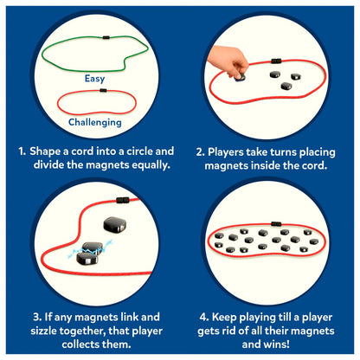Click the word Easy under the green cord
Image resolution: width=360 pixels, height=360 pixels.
[x=94, y=79]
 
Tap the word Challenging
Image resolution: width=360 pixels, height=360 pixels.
[x=95, y=122]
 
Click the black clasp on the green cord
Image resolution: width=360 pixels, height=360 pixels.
[x=106, y=37]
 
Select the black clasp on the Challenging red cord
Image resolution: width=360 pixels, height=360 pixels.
[x=103, y=90]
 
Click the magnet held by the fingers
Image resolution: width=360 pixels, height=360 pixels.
[x=240, y=77]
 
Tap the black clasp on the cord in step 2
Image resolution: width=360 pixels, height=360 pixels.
[x=276, y=61]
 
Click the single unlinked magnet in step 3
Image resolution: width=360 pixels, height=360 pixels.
[x=115, y=224]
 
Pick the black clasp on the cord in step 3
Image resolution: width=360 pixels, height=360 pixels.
[x=123, y=200]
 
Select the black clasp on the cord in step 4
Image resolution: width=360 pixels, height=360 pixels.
[x=276, y=224]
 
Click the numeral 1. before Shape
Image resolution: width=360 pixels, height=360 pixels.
[x=22, y=151]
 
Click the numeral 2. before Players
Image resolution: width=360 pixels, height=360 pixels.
[x=201, y=152]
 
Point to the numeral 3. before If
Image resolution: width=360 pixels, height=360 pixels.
[x=37, y=317]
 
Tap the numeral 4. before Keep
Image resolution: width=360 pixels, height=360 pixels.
[x=204, y=318]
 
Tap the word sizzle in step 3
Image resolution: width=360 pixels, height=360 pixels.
[x=43, y=331]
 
